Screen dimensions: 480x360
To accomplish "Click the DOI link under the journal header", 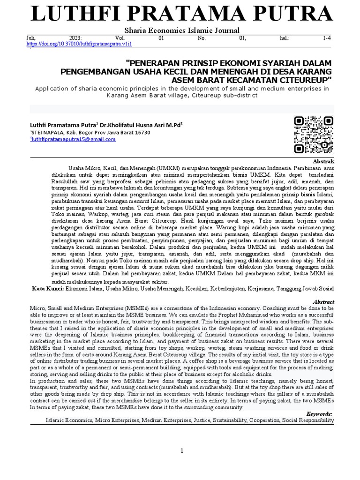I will [x=80, y=44].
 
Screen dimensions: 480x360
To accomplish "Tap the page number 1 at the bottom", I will [x=182, y=450].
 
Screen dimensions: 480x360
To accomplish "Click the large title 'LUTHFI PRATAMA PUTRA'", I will [x=180, y=14].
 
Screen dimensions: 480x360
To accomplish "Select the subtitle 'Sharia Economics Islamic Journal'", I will [x=180, y=31].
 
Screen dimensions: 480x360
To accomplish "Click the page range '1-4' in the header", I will [x=327, y=37].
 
